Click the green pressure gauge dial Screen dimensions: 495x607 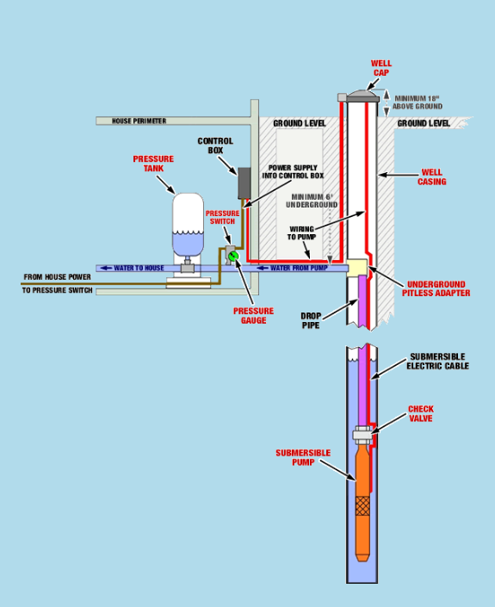233,256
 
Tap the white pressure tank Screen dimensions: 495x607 188,225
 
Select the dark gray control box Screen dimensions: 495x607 244,183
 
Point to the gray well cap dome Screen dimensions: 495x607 362,94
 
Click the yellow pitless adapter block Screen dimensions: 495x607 357,266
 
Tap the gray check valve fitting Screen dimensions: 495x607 362,434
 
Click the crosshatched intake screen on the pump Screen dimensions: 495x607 362,505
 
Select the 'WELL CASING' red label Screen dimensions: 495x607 431,177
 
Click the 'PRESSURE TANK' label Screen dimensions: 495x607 153,164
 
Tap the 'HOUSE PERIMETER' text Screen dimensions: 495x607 139,121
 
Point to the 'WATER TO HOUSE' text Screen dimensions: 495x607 139,268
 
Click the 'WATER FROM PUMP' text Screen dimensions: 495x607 299,268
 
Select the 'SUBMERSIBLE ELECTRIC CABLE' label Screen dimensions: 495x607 437,361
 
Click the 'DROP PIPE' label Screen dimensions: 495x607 311,320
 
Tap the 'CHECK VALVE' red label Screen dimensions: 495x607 421,413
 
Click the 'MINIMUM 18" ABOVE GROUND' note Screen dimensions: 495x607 418,102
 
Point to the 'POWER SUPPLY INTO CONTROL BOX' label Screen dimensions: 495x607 293,171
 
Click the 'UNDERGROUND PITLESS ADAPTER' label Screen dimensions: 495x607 436,288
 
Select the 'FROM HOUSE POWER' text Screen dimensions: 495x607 58,277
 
